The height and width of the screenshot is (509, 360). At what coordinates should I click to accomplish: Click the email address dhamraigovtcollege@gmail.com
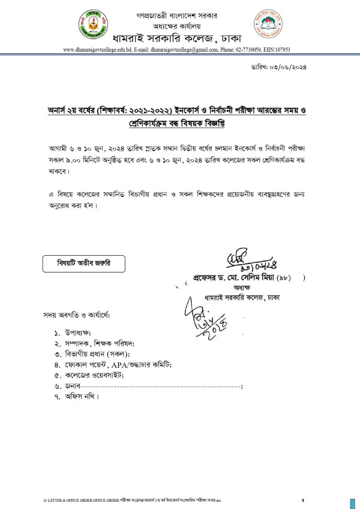(x=188, y=50)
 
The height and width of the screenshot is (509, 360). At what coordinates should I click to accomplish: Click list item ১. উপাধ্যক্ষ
(x=78, y=332)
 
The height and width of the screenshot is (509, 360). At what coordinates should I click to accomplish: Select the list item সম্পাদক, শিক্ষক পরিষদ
(x=96, y=343)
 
